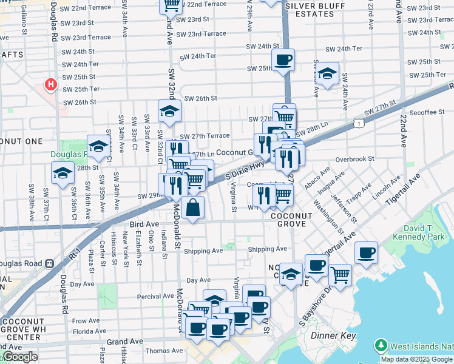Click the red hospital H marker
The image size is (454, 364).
pos(51,84)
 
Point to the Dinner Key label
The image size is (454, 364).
pos(331,335)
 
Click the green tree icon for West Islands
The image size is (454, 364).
pos(381,346)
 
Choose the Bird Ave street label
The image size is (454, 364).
pos(143,224)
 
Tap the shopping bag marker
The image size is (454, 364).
pos(192,208)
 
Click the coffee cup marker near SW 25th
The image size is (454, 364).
pos(283,60)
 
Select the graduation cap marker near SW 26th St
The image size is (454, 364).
pos(169,110)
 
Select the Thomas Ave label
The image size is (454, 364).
pos(164,351)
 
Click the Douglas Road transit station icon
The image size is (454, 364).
pos(50,264)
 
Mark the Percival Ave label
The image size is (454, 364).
pos(156,297)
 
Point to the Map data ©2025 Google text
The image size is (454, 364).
pos(416,359)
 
